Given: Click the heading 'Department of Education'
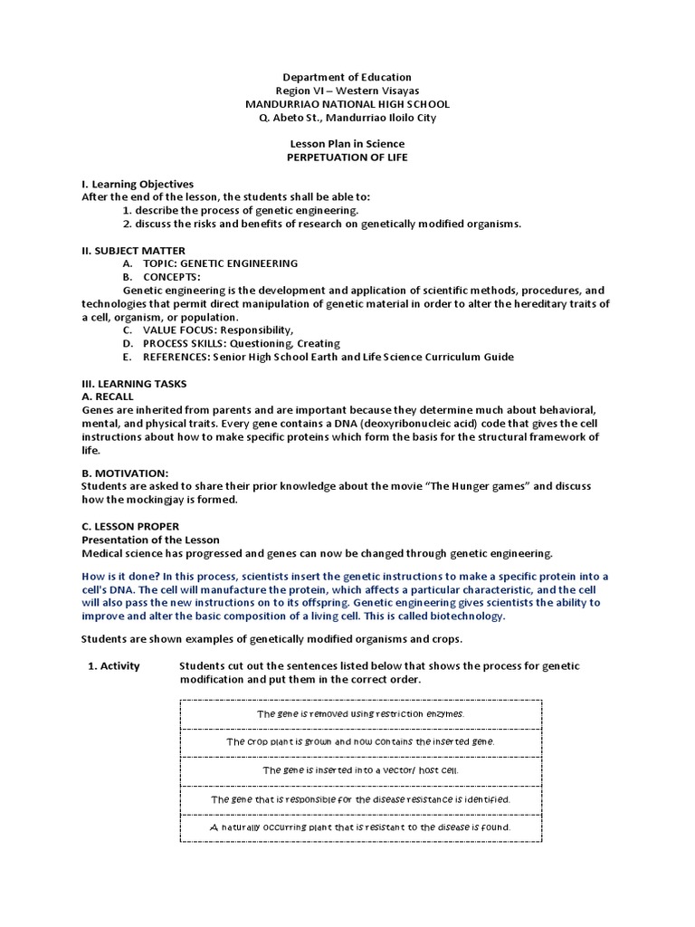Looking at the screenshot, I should [x=347, y=77].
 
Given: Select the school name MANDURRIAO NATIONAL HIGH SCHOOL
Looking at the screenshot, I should [x=347, y=104].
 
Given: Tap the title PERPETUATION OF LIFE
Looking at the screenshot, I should [x=347, y=158].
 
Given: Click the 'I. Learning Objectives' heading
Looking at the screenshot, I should [x=138, y=184].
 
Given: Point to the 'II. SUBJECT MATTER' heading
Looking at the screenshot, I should [x=133, y=250].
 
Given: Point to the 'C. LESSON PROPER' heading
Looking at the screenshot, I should [x=130, y=526].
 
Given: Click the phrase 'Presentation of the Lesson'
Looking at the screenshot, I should [x=150, y=540].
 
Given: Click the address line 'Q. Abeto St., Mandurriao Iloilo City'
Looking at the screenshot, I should [x=347, y=118].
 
